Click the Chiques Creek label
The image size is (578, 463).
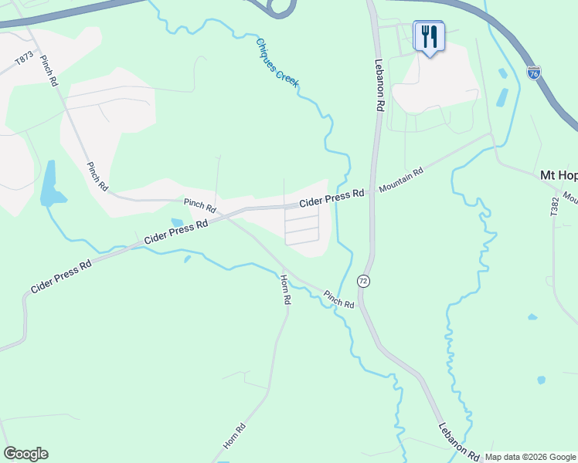coord(277,61)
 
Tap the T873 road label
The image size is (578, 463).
coord(25,59)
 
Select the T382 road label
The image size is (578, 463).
coord(554,210)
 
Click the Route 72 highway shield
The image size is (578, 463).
coord(364,281)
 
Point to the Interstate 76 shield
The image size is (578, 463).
coord(533,73)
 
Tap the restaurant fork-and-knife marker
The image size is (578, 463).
coord(429,35)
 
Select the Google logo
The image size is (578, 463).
coord(25,454)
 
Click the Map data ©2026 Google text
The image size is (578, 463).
coord(529,457)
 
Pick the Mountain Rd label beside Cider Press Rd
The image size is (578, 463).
coord(400,180)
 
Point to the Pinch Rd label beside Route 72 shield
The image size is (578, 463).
coord(338,299)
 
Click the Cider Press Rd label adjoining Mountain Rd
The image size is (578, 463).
coord(331,199)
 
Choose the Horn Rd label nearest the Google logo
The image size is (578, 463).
coord(234,436)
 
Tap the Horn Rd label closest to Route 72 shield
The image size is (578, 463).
coord(285,288)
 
